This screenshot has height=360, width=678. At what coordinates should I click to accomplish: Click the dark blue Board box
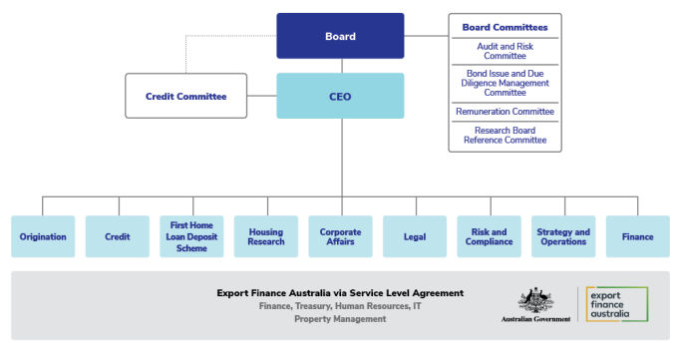pos(340,36)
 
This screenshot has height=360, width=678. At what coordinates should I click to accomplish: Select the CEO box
pos(340,96)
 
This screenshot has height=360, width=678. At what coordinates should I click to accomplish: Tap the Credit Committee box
pos(185,96)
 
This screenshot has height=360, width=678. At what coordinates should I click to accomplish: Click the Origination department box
pos(43,236)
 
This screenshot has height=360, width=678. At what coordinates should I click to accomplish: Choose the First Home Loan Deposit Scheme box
pos(191,236)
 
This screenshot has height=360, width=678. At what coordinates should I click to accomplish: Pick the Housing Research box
pos(266,236)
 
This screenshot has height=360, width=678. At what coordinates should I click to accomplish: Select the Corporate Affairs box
pos(340,236)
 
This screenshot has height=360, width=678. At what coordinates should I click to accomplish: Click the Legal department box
pos(415,236)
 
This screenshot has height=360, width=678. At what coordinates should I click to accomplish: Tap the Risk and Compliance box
pos(489,236)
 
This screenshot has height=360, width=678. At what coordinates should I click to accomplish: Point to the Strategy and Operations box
pos(563,236)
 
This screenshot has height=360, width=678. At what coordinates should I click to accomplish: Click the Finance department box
pos(638,236)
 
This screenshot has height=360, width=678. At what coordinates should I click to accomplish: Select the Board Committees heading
pos(506,27)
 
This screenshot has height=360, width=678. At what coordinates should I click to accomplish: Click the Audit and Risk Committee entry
pos(506,51)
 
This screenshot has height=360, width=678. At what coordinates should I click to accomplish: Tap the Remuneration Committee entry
pos(506,112)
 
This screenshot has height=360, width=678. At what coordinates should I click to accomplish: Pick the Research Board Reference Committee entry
pos(506,135)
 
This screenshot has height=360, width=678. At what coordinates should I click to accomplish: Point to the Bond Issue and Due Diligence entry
pos(506,83)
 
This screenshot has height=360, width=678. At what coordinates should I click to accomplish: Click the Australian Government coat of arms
pos(535,300)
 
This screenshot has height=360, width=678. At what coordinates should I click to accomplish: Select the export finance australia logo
pos(617,304)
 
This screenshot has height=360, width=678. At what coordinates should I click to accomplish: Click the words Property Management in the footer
pos(340,319)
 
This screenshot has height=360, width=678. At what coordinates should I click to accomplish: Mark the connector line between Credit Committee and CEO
pos(262,96)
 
